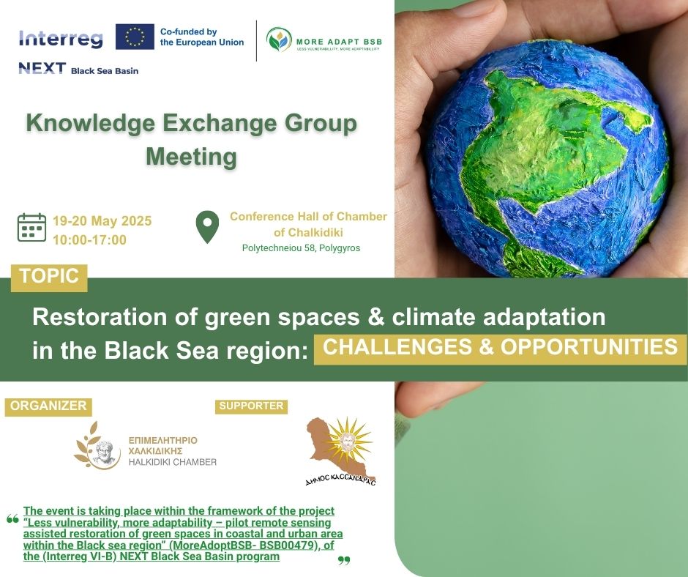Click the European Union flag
tap(135, 37)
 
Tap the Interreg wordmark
tap(61, 39)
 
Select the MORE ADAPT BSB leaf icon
tap(279, 40)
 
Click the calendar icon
tap(31, 227)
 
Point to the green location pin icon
tap(207, 226)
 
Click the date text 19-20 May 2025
tap(102, 220)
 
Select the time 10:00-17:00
tap(89, 239)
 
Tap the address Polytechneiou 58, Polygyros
tap(301, 248)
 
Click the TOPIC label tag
tap(49, 278)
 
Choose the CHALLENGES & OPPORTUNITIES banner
tap(500, 349)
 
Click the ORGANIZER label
tap(48, 406)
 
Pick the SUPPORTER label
tap(251, 406)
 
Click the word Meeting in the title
tap(191, 156)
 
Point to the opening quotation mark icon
tap(12, 519)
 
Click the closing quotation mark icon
tap(344, 560)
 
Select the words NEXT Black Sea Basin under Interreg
tap(78, 69)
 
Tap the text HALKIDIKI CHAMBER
tap(173, 462)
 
